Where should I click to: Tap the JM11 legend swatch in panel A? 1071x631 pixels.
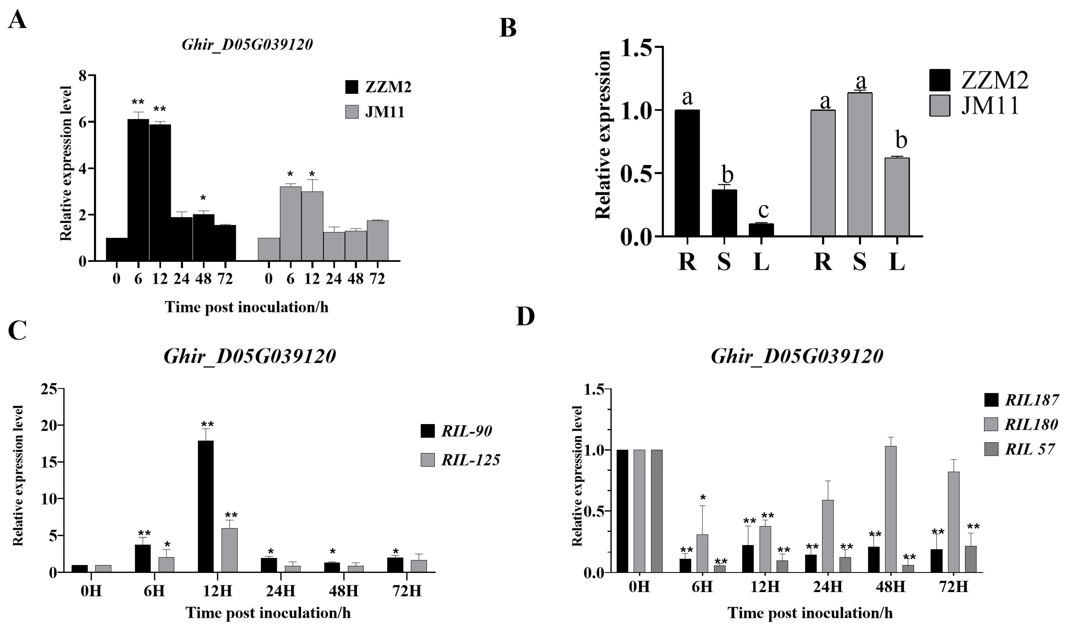(352, 112)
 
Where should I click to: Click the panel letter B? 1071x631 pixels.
(508, 29)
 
